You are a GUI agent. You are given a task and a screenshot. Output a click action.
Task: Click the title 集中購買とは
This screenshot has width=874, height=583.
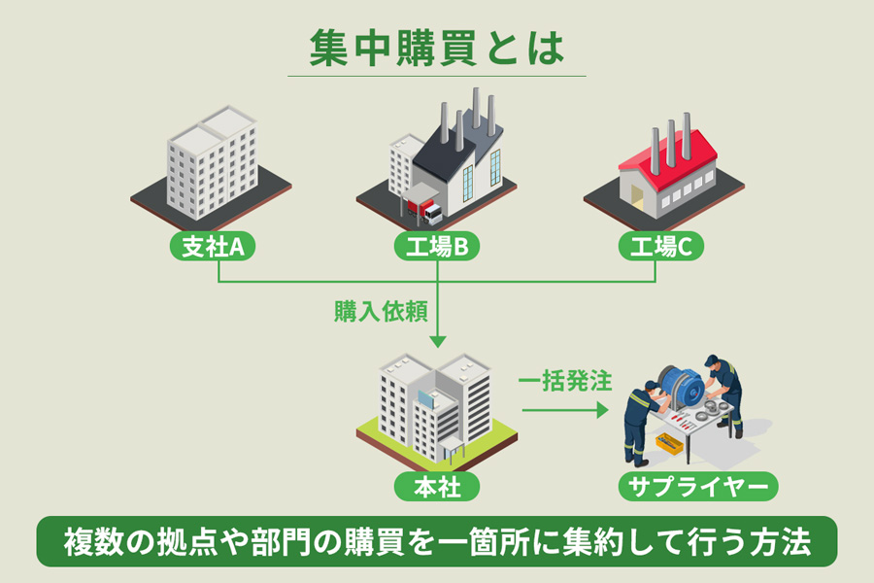[x=436, y=49]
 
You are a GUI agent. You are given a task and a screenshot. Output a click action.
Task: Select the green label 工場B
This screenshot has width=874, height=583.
[x=437, y=248]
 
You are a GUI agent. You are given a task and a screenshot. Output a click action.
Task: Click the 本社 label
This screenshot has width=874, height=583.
[x=437, y=485]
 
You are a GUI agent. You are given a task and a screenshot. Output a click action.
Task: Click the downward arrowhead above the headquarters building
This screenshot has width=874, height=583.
[x=437, y=341]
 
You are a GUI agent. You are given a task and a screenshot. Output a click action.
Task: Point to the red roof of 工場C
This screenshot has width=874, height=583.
[x=667, y=155]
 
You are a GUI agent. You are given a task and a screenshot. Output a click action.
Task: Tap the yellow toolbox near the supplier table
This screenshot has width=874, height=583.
[x=669, y=444]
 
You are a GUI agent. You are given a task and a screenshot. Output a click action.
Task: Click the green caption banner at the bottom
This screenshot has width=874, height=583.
[x=436, y=541]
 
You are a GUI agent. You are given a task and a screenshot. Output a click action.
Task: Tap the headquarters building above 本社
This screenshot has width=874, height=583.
[x=436, y=408]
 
